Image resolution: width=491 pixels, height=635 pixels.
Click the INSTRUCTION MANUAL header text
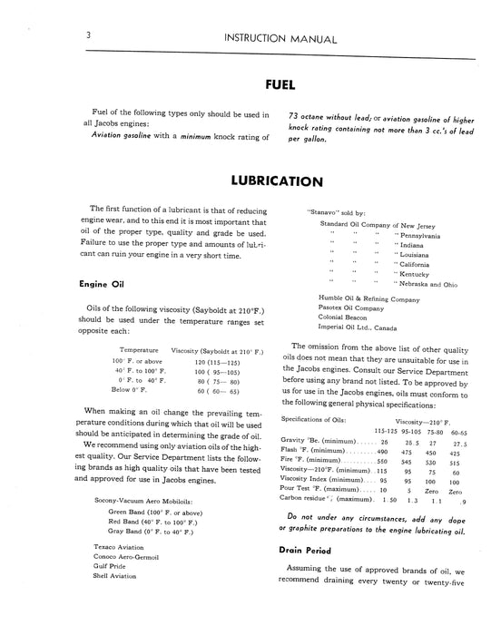[267, 38]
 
